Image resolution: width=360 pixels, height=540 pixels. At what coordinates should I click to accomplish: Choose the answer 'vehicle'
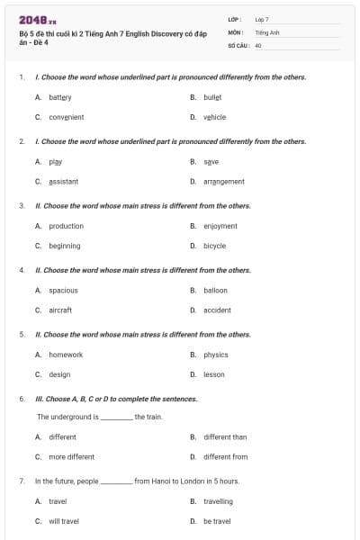(214, 117)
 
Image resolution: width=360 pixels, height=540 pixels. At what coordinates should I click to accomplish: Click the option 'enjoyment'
(220, 226)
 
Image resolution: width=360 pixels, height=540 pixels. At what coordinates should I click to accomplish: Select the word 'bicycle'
(214, 246)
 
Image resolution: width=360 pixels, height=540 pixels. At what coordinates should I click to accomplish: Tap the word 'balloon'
(215, 290)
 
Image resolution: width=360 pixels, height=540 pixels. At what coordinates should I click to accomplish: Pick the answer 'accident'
(217, 310)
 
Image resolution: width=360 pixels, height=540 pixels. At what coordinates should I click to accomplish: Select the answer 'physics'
(215, 355)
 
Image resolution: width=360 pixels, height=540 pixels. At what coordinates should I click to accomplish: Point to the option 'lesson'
(214, 374)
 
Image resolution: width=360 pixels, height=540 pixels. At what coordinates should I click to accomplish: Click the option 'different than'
(225, 436)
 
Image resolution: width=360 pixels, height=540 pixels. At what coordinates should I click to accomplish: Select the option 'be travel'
(217, 521)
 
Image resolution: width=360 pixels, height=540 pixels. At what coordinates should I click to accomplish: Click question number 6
(22, 398)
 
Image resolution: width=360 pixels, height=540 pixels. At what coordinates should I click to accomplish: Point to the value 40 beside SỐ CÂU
(258, 44)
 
